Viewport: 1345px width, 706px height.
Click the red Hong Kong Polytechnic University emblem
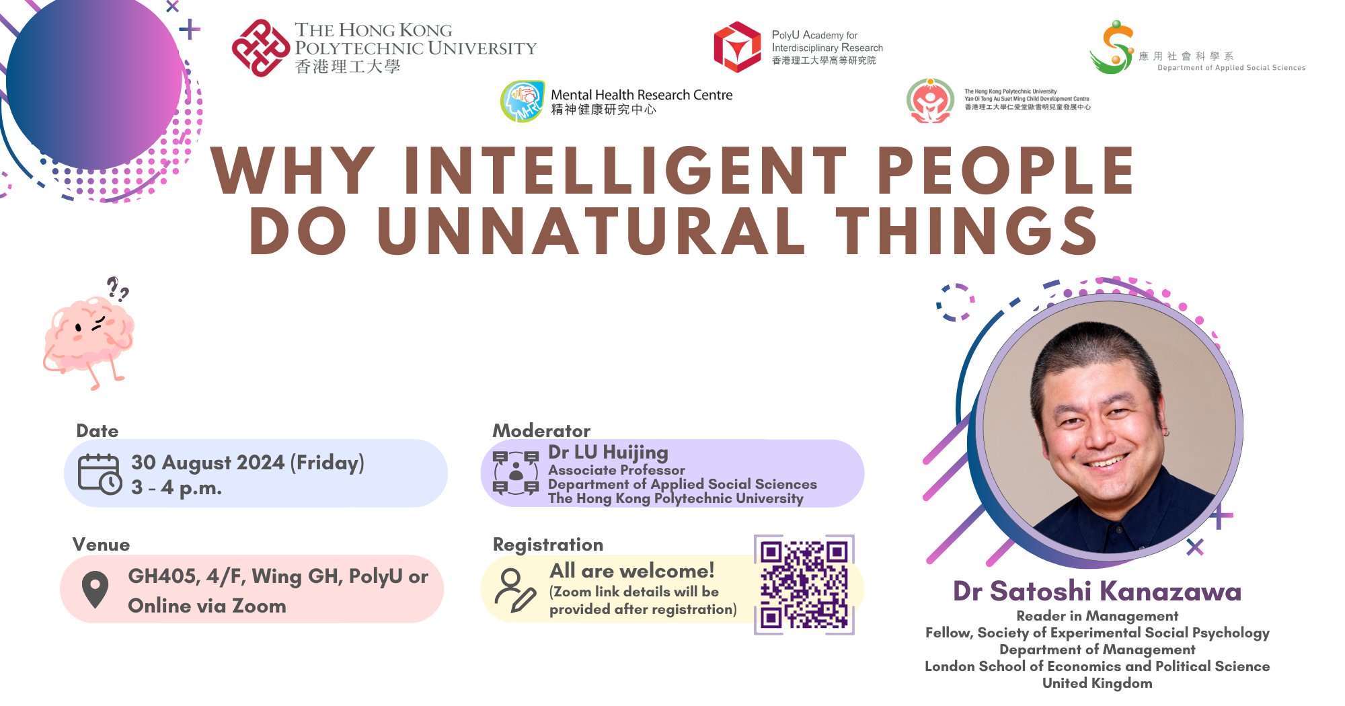(x=261, y=48)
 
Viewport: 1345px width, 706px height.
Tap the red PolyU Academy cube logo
(x=738, y=47)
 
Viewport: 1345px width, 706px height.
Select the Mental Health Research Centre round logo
(x=523, y=102)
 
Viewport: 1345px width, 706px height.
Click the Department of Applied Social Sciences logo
(x=1113, y=47)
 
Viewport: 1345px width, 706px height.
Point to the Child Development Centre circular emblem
(x=930, y=101)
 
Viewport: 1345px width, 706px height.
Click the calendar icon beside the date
(x=100, y=475)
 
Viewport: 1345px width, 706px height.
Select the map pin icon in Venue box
(x=95, y=590)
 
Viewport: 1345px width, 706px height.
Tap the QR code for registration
(x=804, y=585)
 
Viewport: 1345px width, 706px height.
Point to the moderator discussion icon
(x=516, y=473)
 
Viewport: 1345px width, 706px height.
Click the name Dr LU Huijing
(x=608, y=453)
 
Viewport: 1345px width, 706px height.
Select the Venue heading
(x=102, y=545)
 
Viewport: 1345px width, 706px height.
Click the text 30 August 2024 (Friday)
(x=247, y=463)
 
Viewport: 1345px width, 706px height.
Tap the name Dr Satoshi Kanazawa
(x=1098, y=591)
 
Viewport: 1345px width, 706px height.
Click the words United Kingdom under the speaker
(x=1098, y=683)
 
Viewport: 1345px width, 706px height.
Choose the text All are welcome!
(x=632, y=571)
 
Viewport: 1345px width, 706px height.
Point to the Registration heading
(x=548, y=545)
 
